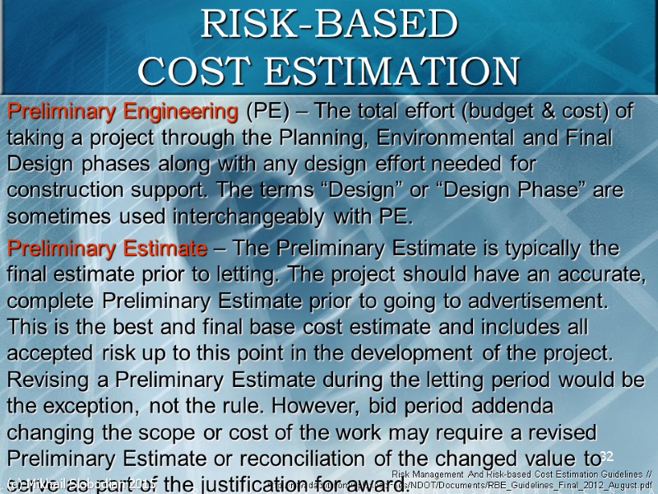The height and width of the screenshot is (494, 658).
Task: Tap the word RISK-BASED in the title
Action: (329, 25)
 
